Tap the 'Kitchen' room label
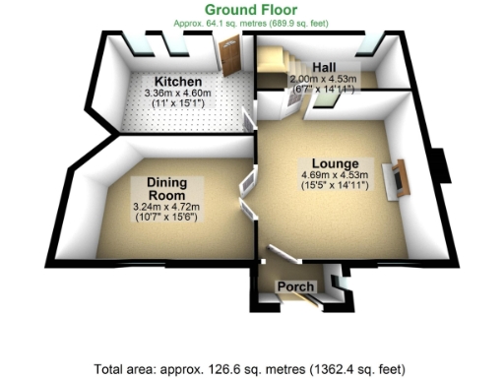click(x=178, y=81)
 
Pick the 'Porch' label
click(x=296, y=286)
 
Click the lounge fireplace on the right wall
click(x=400, y=179)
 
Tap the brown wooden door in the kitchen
click(x=230, y=58)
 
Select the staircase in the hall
click(x=271, y=71)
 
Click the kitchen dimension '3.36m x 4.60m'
click(x=178, y=93)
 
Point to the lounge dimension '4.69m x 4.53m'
click(x=336, y=176)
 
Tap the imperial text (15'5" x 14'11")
click(x=336, y=187)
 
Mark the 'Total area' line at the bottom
click(x=251, y=369)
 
